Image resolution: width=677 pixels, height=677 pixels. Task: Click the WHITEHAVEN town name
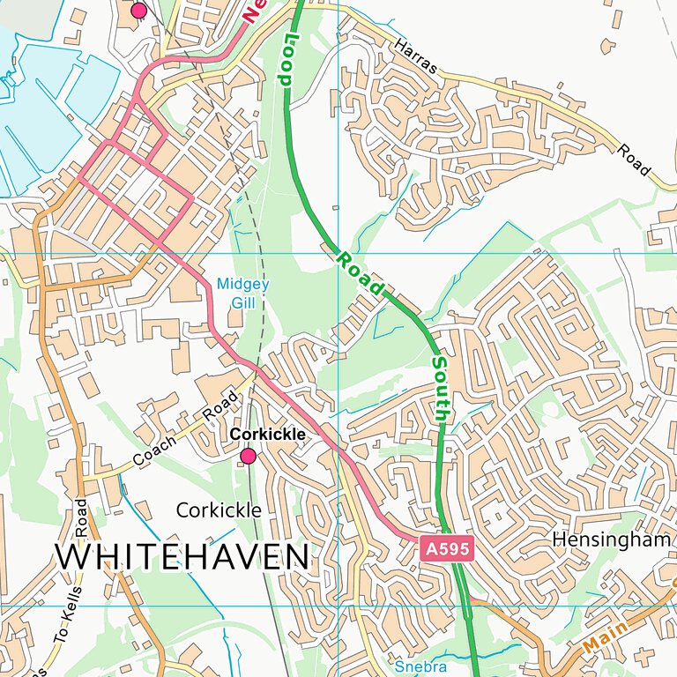pyautogui.click(x=182, y=557)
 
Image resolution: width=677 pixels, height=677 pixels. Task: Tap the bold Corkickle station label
pyautogui.click(x=268, y=435)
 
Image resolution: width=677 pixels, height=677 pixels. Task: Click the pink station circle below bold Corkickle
pyautogui.click(x=249, y=455)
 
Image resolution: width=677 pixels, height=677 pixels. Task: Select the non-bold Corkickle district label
pyautogui.click(x=219, y=510)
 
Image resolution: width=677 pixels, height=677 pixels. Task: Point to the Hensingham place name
pyautogui.click(x=613, y=539)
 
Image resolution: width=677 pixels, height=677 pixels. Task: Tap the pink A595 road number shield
pyautogui.click(x=448, y=549)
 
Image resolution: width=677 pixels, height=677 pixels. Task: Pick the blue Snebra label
pyautogui.click(x=415, y=666)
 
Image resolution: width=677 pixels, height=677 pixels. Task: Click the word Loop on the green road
pyautogui.click(x=286, y=59)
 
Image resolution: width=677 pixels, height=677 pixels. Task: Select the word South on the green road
pyautogui.click(x=441, y=387)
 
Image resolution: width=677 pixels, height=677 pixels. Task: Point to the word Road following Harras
pyautogui.click(x=635, y=159)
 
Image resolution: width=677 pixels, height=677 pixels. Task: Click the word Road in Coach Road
pyautogui.click(x=220, y=405)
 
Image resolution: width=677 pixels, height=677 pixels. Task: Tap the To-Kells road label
pyautogui.click(x=67, y=617)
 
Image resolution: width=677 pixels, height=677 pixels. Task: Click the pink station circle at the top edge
pyautogui.click(x=138, y=10)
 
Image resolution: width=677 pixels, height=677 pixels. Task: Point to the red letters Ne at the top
pyautogui.click(x=254, y=9)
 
